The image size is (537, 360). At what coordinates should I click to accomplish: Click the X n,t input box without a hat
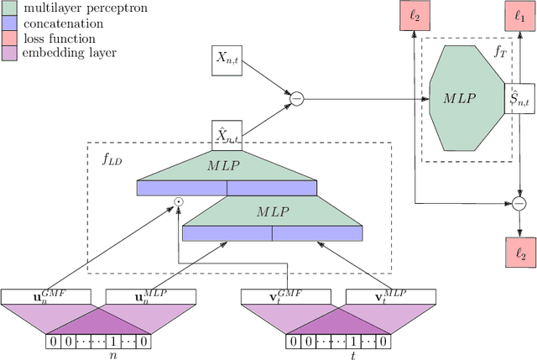point(227,60)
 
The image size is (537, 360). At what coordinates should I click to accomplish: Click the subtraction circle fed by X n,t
point(295,99)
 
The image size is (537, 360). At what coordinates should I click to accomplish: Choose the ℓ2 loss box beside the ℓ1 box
point(416,15)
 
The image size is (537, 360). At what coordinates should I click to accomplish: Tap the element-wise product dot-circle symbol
point(178,202)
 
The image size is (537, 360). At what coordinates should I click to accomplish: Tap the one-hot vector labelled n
point(98,342)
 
